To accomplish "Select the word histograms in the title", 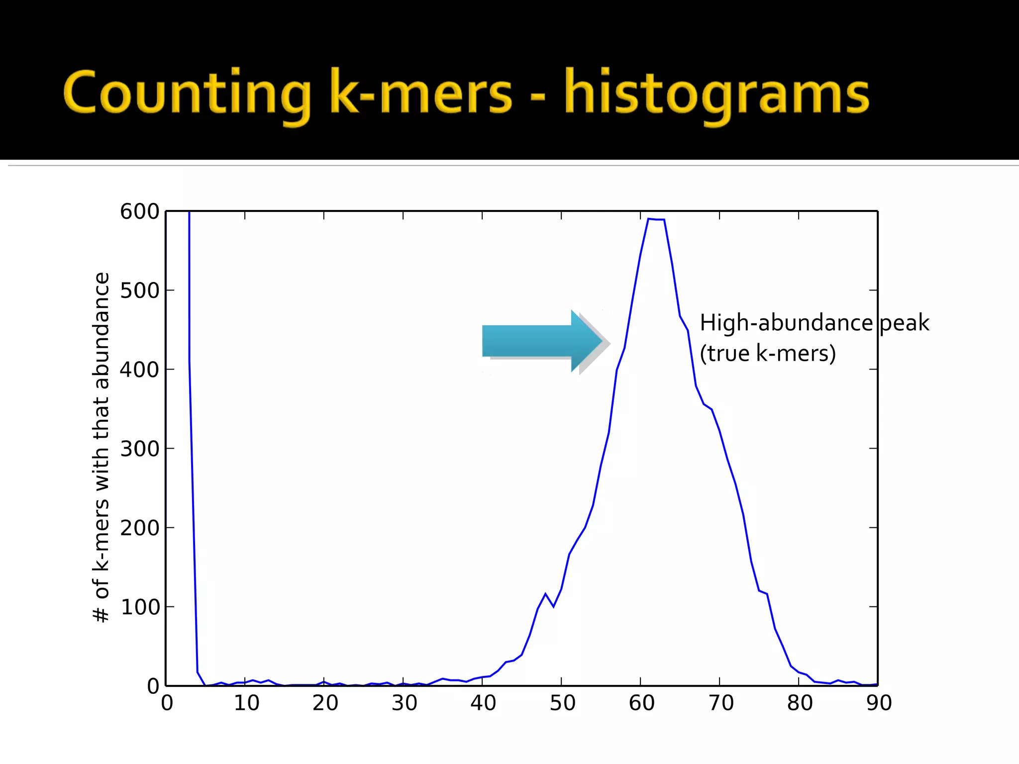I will click(716, 95).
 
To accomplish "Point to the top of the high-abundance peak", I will click(656, 219).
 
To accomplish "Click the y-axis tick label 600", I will click(139, 212).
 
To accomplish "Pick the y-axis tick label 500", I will click(139, 291).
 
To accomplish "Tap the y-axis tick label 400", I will click(139, 370).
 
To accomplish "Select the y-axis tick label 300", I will click(139, 449).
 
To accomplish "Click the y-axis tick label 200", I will click(139, 528).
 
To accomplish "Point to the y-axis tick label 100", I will click(139, 607).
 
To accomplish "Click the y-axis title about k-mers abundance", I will click(102, 448).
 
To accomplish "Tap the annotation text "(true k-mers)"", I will click(767, 354).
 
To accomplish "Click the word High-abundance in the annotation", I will click(786, 323).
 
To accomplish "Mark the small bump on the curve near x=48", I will click(545, 594).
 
